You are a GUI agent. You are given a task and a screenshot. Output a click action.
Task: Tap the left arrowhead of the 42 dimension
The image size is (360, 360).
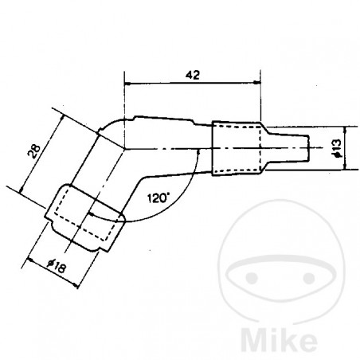[128, 83]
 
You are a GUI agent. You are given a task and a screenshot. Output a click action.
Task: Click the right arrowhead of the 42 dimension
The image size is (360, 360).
[257, 83]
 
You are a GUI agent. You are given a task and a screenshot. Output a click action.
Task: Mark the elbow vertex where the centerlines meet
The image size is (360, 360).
[125, 148]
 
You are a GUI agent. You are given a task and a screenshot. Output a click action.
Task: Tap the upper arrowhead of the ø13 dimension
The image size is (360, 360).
[345, 129]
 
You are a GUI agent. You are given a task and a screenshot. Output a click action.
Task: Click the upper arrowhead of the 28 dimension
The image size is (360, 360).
[61, 113]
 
